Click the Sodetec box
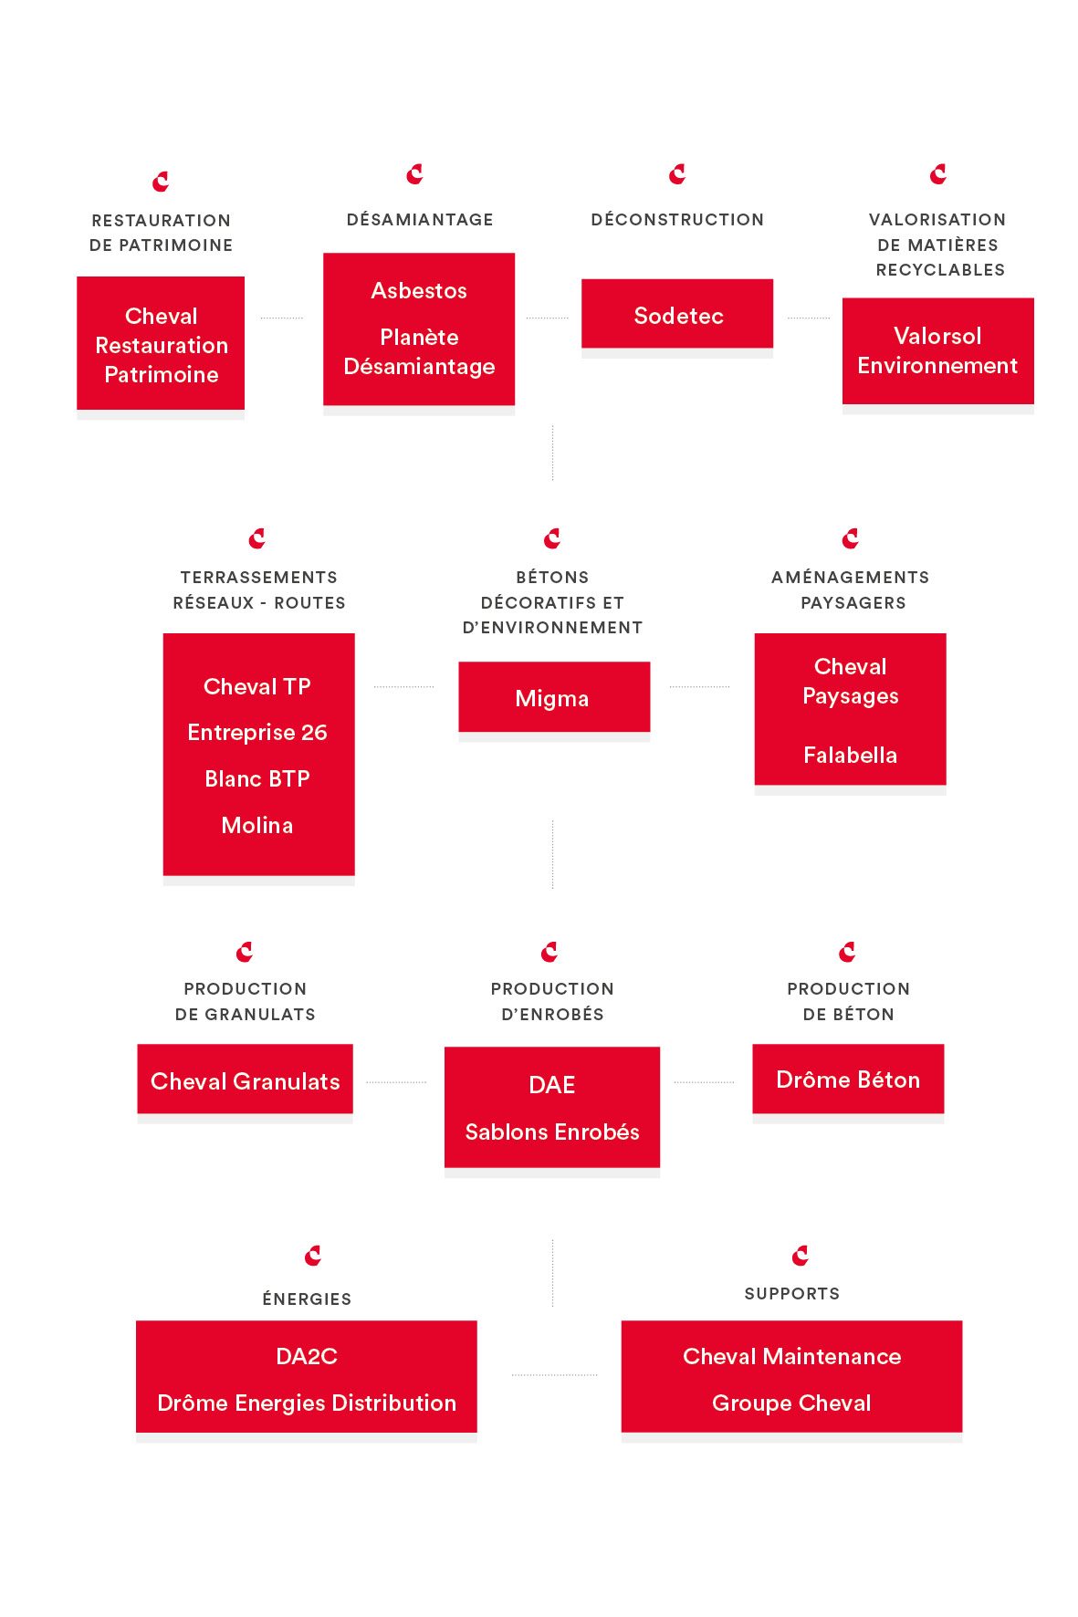pyautogui.click(x=677, y=314)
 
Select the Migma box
pyautogui.click(x=554, y=697)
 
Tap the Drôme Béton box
pyautogui.click(x=848, y=1079)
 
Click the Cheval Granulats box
pyautogui.click(x=245, y=1079)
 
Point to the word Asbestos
pyautogui.click(x=419, y=290)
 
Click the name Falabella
pyautogui.click(x=850, y=755)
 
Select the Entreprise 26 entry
pyautogui.click(x=257, y=732)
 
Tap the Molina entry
pyautogui.click(x=257, y=825)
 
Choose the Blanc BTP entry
pyautogui.click(x=257, y=778)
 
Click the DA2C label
pyautogui.click(x=307, y=1356)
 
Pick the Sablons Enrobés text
pyautogui.click(x=552, y=1132)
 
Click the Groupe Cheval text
pyautogui.click(x=791, y=1403)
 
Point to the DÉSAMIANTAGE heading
pyautogui.click(x=420, y=219)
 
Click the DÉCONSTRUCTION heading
pyautogui.click(x=677, y=219)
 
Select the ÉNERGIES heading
pyautogui.click(x=307, y=1299)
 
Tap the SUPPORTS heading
pyautogui.click(x=792, y=1293)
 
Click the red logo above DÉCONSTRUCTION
pyautogui.click(x=677, y=174)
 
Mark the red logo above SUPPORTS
pyautogui.click(x=801, y=1256)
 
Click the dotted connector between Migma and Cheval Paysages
pyautogui.click(x=699, y=686)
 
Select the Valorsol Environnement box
pyautogui.click(x=937, y=350)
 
